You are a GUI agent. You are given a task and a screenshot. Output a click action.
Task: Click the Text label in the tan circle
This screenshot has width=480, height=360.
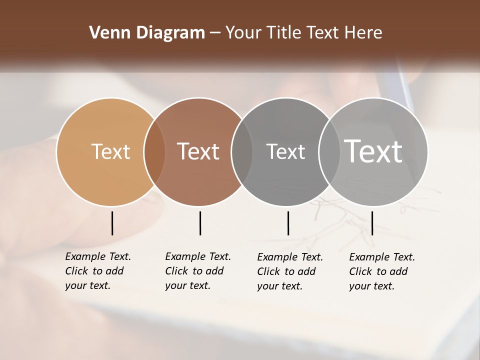tap(110, 151)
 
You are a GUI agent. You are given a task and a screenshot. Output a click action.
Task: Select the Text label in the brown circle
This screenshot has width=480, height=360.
tap(198, 151)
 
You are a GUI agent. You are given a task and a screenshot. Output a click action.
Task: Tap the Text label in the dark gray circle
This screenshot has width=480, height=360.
tap(285, 151)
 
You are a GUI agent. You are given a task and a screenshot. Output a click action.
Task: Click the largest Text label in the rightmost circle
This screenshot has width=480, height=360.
tap(373, 151)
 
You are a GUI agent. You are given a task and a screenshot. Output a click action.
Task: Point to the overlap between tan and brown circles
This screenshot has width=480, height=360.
tap(154, 151)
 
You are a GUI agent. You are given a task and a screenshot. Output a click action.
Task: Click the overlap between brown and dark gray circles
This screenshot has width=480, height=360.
tap(242, 151)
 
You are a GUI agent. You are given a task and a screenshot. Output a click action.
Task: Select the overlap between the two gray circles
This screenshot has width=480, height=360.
tap(329, 151)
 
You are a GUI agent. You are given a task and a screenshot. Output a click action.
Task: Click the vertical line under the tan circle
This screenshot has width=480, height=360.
tap(112, 223)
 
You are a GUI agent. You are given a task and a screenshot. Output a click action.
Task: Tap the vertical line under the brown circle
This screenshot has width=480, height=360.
tap(200, 223)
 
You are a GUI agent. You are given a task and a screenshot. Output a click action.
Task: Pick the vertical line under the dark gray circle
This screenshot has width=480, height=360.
tap(288, 223)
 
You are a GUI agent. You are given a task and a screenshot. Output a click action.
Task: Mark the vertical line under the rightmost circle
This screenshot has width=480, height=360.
tap(372, 223)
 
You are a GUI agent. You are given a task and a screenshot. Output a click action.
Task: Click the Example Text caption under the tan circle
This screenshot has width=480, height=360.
tap(97, 271)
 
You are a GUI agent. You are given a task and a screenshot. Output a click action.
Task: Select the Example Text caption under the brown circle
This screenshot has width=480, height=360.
tap(197, 271)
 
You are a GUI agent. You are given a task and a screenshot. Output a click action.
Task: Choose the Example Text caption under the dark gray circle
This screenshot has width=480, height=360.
tap(289, 271)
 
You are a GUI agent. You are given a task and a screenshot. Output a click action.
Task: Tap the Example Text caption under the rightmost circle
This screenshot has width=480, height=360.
tap(381, 271)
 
